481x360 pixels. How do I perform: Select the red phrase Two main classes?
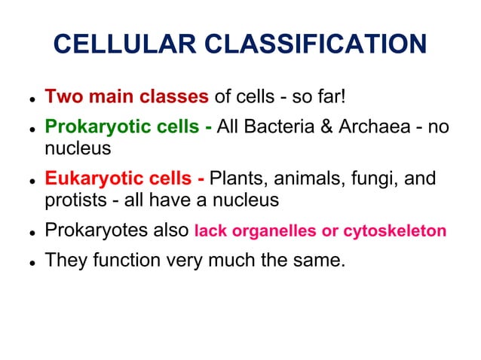coord(127,97)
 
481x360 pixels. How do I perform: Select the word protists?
coord(73,200)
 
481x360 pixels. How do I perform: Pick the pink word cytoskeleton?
coord(395,231)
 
